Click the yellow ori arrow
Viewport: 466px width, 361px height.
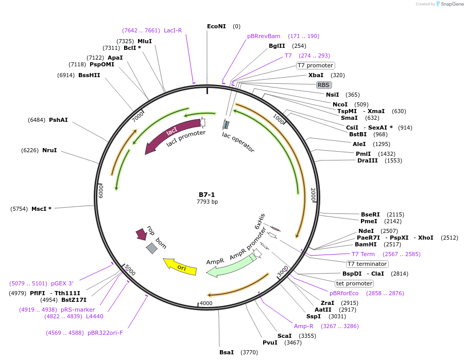[180, 266]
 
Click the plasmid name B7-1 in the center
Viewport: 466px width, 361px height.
[207, 195]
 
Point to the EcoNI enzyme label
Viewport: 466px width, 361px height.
[216, 26]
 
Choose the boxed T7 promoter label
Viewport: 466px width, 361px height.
[316, 65]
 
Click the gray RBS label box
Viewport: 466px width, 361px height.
[323, 85]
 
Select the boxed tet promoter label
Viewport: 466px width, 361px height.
[354, 283]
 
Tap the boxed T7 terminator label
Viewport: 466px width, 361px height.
[367, 264]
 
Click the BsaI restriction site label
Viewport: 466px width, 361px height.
[227, 352]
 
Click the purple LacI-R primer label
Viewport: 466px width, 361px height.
[173, 30]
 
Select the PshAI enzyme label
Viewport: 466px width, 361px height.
[58, 120]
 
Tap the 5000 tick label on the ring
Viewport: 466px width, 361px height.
[129, 270]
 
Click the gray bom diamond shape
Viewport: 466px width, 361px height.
[152, 248]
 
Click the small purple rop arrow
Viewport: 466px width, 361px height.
[141, 234]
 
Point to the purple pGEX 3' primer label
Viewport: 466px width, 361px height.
[62, 283]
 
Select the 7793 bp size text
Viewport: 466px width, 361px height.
[207, 202]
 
